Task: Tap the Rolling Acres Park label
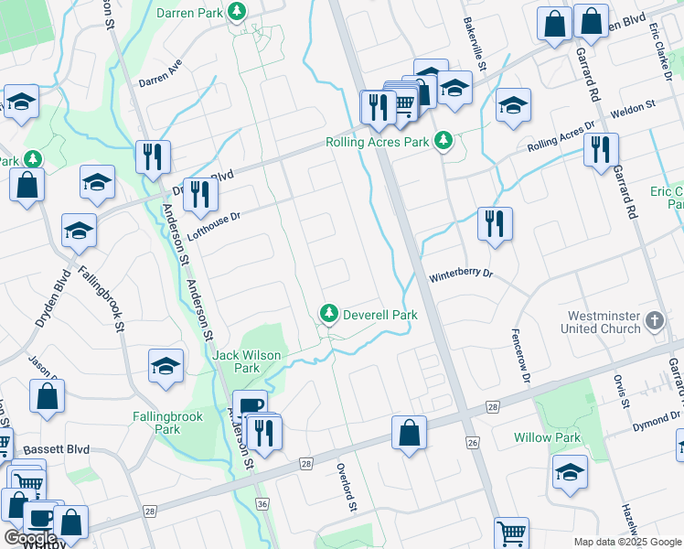coord(378,143)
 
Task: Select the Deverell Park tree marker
coord(328,314)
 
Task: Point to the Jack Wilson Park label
coord(248,361)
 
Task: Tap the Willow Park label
coord(547,437)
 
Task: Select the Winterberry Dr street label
coord(461,274)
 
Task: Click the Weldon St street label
coord(633,108)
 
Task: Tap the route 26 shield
coord(472,443)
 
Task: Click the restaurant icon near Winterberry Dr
coord(495,225)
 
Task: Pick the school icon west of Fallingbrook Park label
coord(166,367)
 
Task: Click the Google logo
coord(30,537)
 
